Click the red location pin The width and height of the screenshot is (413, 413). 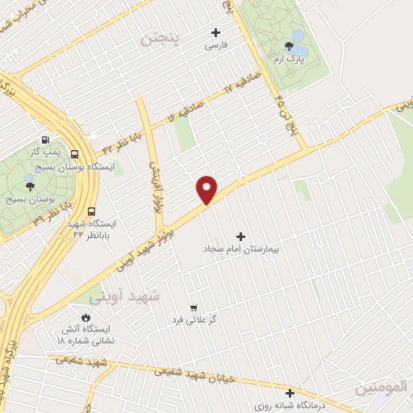pyautogui.click(x=207, y=189)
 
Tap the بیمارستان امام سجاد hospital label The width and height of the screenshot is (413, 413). pyautogui.click(x=241, y=252)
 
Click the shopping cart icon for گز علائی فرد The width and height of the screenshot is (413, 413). pyautogui.click(x=194, y=307)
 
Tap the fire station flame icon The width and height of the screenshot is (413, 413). pyautogui.click(x=86, y=315)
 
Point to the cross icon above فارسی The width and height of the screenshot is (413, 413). pyautogui.click(x=215, y=32)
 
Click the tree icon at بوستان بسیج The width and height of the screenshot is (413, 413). pyautogui.click(x=30, y=186)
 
